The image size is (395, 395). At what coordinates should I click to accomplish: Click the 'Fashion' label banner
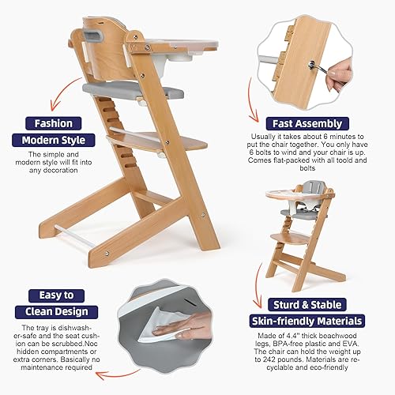pyautogui.click(x=51, y=123)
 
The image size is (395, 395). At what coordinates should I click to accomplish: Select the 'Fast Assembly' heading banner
pyautogui.click(x=308, y=124)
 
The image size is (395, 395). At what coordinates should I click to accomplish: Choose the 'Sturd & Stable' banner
pyautogui.click(x=308, y=305)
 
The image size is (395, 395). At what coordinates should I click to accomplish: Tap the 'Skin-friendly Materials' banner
pyautogui.click(x=307, y=321)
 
